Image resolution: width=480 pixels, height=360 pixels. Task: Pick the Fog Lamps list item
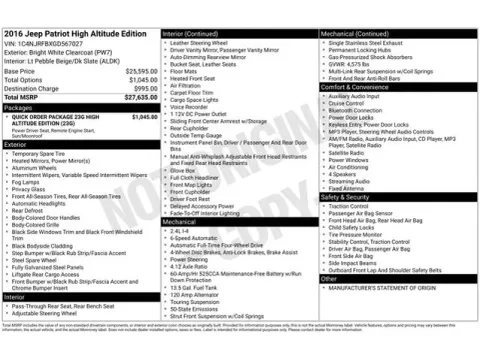(28, 181)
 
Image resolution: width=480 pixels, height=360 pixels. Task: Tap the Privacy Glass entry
(32, 188)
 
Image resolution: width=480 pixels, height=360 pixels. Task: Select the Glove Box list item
(184, 170)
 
